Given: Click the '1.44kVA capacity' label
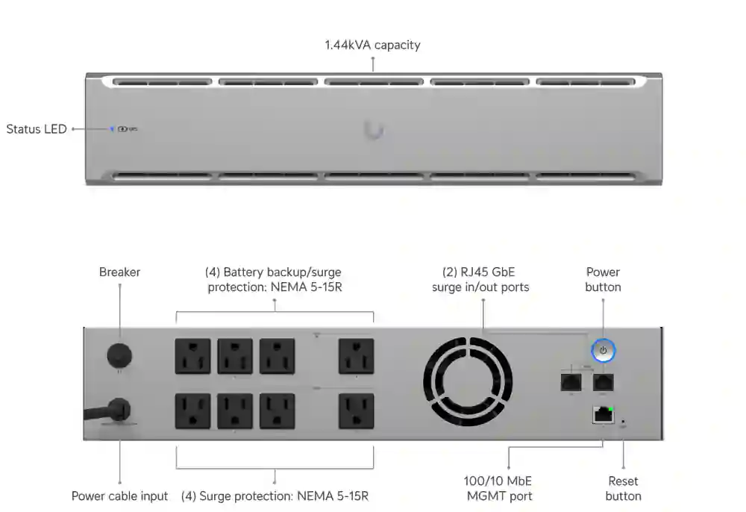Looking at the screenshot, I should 372,45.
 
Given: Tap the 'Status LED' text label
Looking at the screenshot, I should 37,129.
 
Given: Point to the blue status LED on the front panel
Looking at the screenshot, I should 113,129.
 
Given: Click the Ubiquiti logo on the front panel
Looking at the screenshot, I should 374,131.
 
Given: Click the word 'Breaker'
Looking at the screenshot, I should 119,272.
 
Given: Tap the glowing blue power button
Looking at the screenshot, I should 604,350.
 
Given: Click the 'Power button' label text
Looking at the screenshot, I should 603,279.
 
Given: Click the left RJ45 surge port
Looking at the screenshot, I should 571,381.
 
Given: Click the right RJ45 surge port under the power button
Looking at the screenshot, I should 604,381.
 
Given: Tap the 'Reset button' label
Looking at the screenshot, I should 623,488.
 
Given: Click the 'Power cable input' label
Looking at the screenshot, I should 119,496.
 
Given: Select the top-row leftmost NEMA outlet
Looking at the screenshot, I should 192,356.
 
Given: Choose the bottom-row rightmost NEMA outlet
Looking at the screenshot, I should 356,411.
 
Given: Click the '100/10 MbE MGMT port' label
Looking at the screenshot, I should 499,488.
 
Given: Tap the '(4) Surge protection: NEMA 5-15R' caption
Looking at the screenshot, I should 275,496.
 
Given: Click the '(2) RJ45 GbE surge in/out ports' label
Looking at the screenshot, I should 480,279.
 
